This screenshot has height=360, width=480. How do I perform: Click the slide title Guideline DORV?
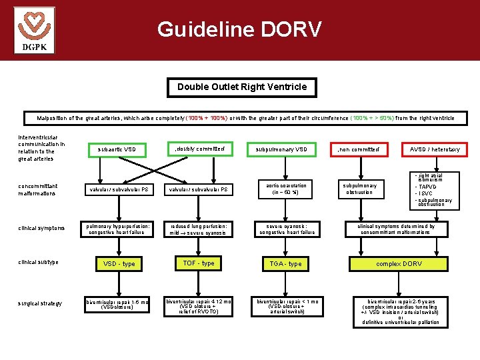pyautogui.click(x=239, y=29)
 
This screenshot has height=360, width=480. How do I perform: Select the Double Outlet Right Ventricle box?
pyautogui.click(x=242, y=87)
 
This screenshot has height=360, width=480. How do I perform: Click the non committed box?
pyautogui.click(x=359, y=149)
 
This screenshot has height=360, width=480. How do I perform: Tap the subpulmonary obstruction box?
pyautogui.click(x=360, y=189)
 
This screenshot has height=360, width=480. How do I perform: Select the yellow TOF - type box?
pyautogui.click(x=199, y=263)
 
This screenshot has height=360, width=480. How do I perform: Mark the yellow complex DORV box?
pyautogui.click(x=399, y=264)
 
